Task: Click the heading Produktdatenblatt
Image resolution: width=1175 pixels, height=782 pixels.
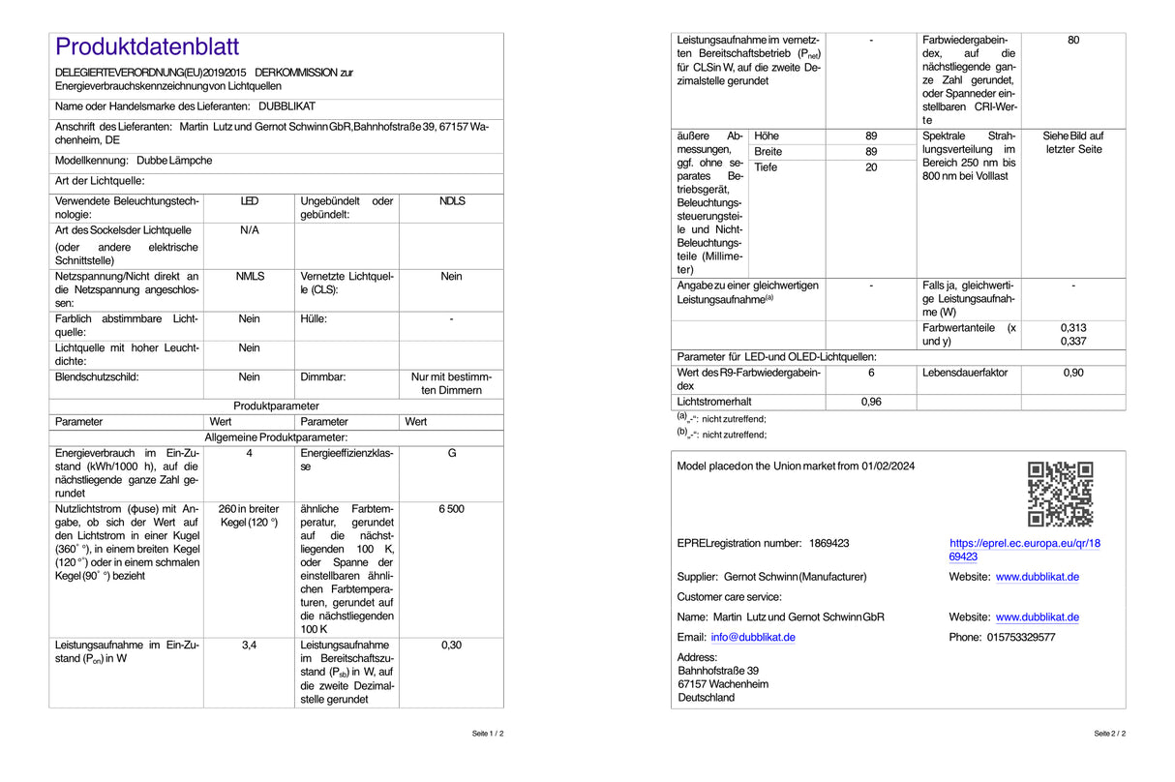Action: pyautogui.click(x=147, y=46)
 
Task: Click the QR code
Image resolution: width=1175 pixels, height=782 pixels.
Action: pyautogui.click(x=1060, y=494)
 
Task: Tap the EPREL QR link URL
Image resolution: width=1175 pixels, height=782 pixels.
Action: pyautogui.click(x=1024, y=550)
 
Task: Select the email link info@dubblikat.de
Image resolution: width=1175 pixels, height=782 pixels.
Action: pyautogui.click(x=753, y=637)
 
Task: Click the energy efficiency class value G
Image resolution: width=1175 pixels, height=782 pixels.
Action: pyautogui.click(x=452, y=453)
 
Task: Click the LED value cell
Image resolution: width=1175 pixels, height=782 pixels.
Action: pyautogui.click(x=250, y=201)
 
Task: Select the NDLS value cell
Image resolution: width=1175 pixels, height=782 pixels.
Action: pyautogui.click(x=452, y=201)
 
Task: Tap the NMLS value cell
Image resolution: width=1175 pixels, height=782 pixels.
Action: pyautogui.click(x=250, y=277)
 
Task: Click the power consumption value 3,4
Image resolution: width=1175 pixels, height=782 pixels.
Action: pyautogui.click(x=250, y=645)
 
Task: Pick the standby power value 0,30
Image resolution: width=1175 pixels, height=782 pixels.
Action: pyautogui.click(x=452, y=645)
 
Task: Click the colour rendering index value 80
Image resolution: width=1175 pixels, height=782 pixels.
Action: pyautogui.click(x=1073, y=41)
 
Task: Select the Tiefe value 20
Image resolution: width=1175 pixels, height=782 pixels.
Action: pyautogui.click(x=871, y=167)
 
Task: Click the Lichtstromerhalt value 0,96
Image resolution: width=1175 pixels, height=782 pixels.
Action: pyautogui.click(x=871, y=402)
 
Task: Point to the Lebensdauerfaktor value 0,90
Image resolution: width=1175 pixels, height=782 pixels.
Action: pyautogui.click(x=1073, y=373)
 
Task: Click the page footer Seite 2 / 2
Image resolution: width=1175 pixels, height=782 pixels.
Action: pyautogui.click(x=1109, y=734)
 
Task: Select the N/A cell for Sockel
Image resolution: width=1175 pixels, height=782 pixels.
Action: pyautogui.click(x=250, y=230)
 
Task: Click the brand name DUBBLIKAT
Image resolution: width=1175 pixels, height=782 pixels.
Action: pyautogui.click(x=286, y=105)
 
